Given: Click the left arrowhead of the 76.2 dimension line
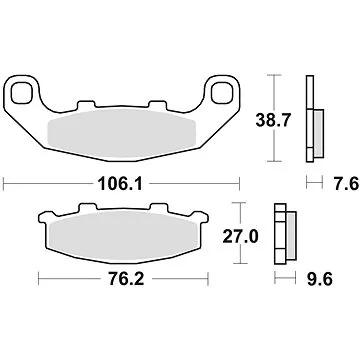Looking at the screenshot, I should (x=40, y=278).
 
